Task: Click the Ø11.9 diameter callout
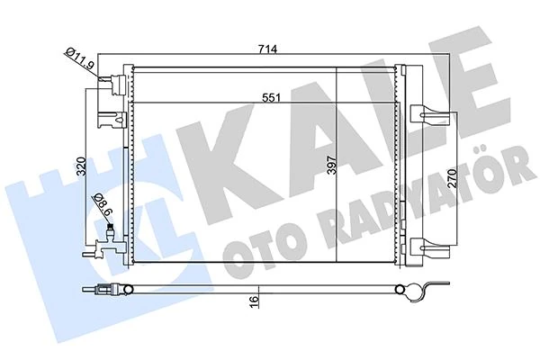tap(80, 62)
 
